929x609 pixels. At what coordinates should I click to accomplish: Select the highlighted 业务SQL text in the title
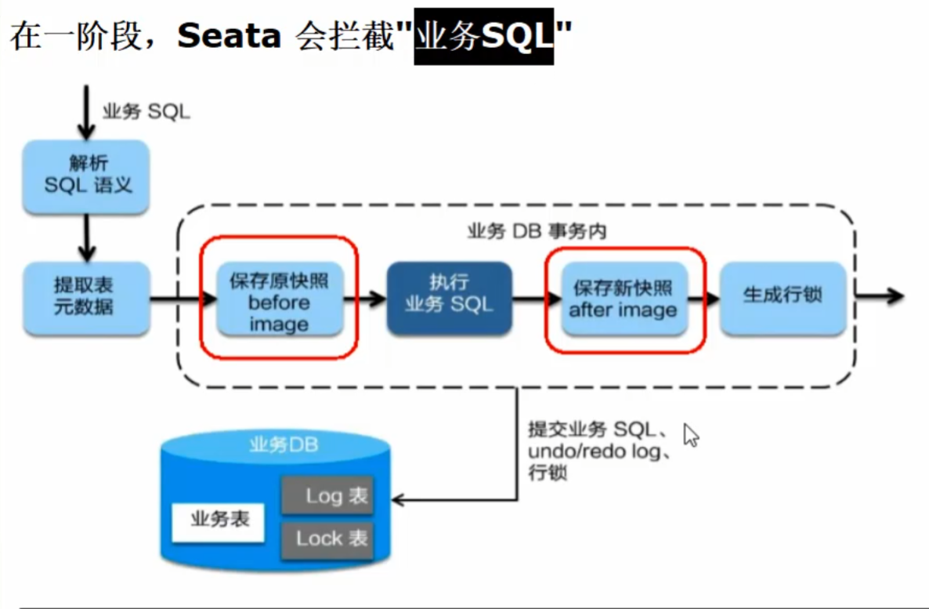pyautogui.click(x=483, y=37)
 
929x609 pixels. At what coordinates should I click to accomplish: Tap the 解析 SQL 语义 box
pyautogui.click(x=86, y=176)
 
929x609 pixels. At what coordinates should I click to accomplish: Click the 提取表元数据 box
pyautogui.click(x=86, y=296)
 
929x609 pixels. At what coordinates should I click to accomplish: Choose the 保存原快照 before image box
pyautogui.click(x=279, y=303)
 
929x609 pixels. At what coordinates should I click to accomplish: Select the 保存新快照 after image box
pyautogui.click(x=624, y=299)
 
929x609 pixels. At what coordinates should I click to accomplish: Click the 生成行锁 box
pyautogui.click(x=783, y=296)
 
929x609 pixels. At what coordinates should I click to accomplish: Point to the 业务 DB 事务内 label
pyautogui.click(x=537, y=232)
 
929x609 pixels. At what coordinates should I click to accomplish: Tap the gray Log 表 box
pyautogui.click(x=327, y=495)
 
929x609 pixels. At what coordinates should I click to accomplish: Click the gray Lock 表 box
pyautogui.click(x=327, y=538)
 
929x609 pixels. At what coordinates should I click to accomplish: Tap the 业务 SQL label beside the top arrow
pyautogui.click(x=146, y=111)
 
